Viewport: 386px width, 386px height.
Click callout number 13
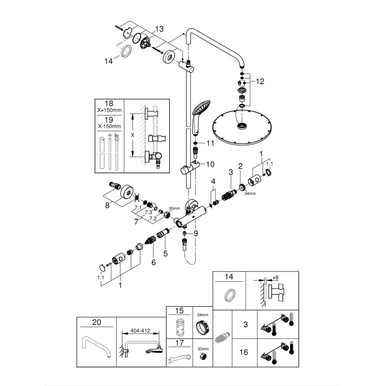[x=159, y=28]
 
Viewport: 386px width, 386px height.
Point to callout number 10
[x=210, y=164]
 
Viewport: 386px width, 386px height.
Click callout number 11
[x=210, y=143]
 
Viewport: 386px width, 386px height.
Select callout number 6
[x=153, y=263]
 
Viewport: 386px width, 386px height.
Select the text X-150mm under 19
[x=109, y=126]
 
